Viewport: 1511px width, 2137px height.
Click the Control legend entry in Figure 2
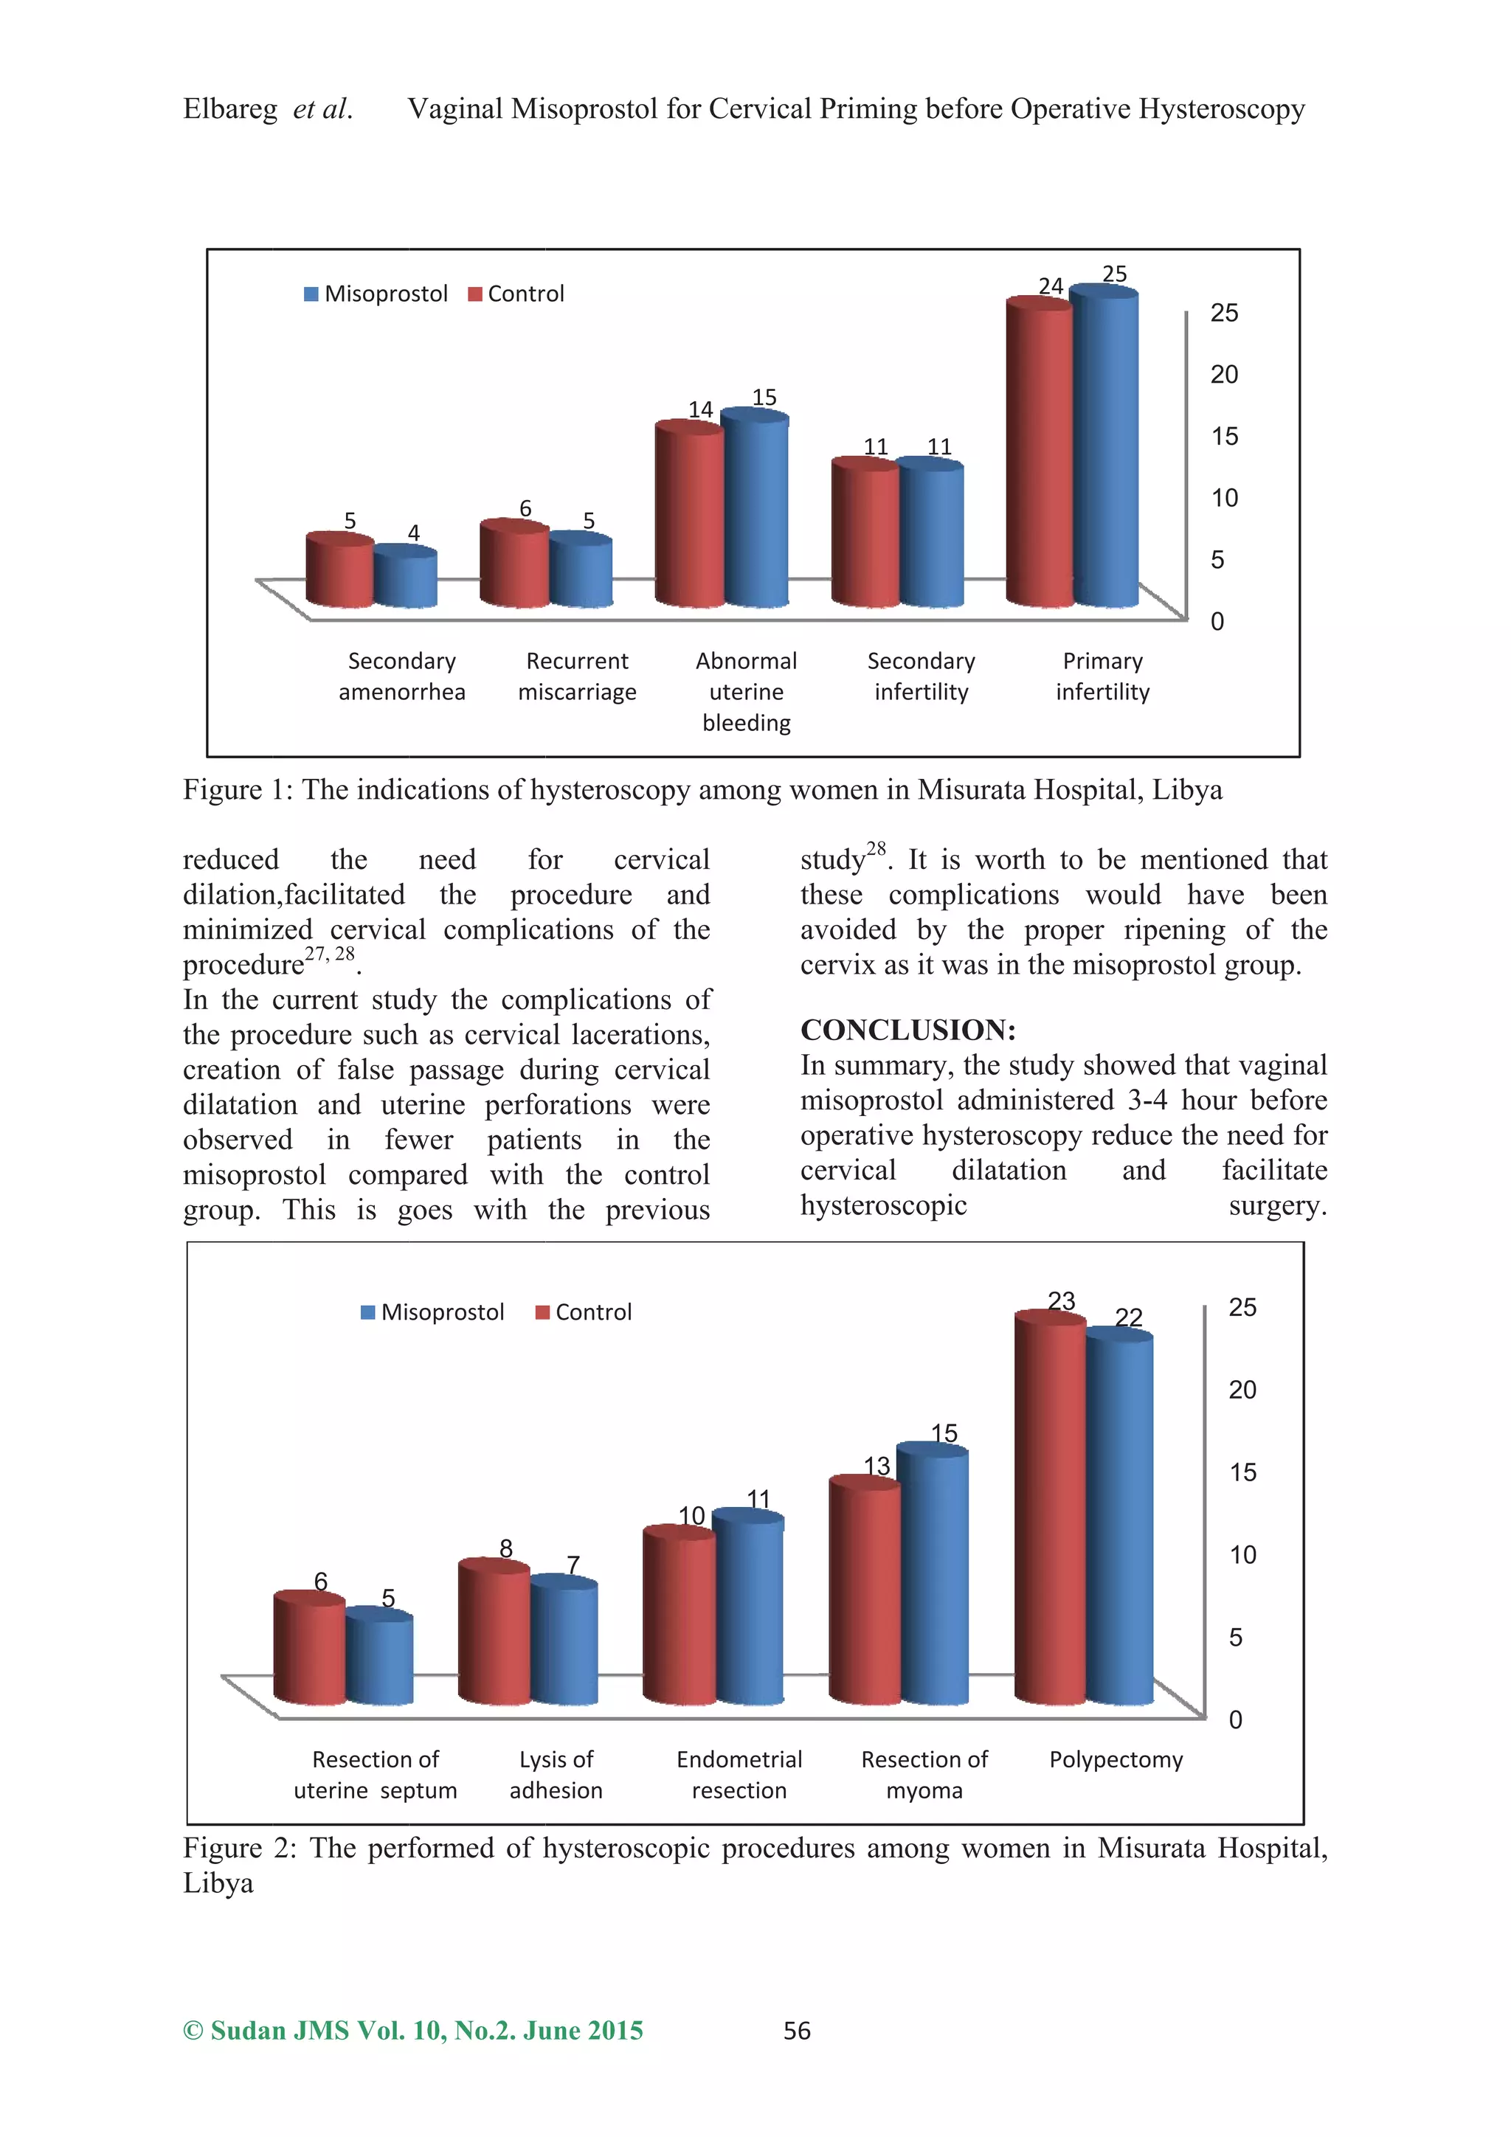click(x=584, y=1312)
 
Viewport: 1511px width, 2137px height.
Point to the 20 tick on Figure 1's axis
click(x=1223, y=374)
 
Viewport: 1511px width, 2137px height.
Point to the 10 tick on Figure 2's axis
click(x=1242, y=1555)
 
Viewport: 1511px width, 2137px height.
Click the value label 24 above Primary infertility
click(x=1050, y=285)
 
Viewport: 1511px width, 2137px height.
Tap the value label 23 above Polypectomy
click(x=1062, y=1300)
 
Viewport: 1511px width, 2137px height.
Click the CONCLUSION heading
click(x=907, y=1030)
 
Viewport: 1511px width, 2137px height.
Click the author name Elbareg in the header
click(x=230, y=110)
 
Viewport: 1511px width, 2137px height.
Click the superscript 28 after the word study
click(x=876, y=848)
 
